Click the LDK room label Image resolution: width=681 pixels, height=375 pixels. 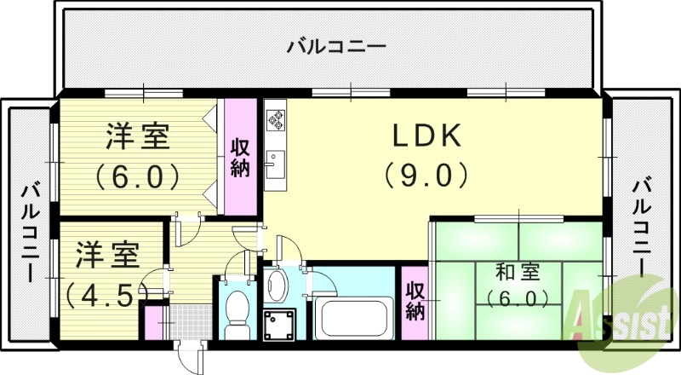(x=426, y=136)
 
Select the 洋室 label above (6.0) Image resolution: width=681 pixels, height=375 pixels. (x=137, y=136)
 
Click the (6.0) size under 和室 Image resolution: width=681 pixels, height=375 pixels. (x=518, y=298)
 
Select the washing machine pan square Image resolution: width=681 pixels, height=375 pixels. (x=279, y=324)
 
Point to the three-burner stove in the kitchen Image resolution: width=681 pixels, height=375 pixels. (x=276, y=118)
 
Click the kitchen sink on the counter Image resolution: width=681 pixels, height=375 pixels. (x=276, y=162)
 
